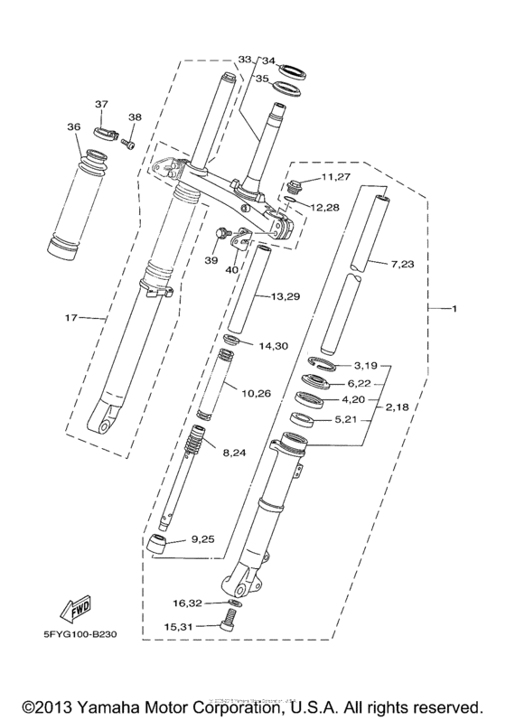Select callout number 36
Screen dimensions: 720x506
click(x=73, y=127)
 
